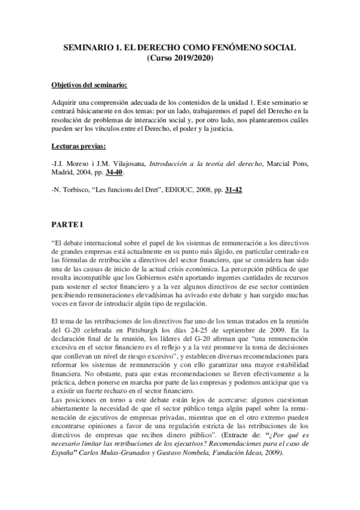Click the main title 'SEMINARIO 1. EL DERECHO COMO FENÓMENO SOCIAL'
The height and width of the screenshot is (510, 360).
180,48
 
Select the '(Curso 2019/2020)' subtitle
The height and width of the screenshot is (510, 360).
180,58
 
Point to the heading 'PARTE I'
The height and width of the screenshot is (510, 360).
66,226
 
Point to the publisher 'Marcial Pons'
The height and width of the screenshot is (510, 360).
286,162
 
